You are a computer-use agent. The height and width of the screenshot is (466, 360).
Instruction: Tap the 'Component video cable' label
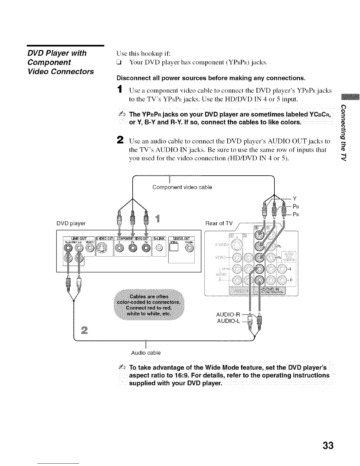(x=182, y=187)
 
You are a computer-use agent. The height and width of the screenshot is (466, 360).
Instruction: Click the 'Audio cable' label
(x=146, y=352)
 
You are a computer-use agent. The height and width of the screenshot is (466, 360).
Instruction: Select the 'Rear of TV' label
(x=219, y=223)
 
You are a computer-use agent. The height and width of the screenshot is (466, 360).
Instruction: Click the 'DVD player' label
(x=71, y=223)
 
